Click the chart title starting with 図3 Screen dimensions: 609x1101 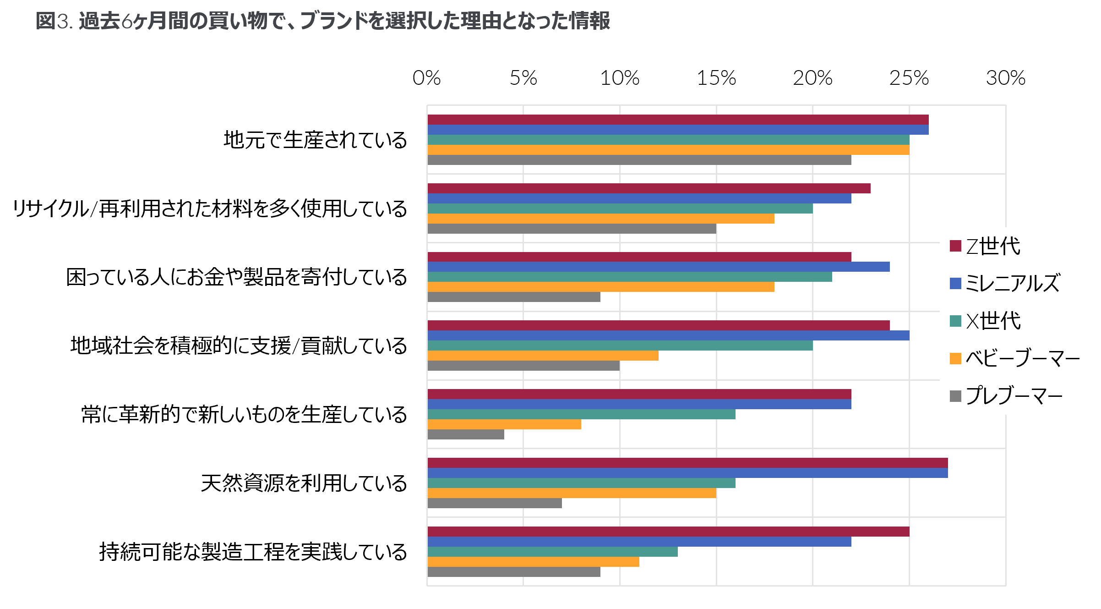(x=323, y=21)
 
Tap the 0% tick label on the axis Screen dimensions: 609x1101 (x=426, y=78)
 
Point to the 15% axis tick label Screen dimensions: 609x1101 (x=716, y=78)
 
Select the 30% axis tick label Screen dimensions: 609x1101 (x=1006, y=78)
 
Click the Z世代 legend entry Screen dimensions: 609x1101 (x=985, y=246)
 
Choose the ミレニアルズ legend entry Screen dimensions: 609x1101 (x=1005, y=283)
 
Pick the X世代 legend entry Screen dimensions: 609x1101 (x=985, y=321)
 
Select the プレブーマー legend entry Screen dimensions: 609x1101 (x=1006, y=395)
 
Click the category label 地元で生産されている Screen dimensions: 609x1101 (x=315, y=140)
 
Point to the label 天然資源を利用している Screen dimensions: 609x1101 (x=304, y=483)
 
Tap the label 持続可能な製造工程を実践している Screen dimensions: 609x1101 (x=253, y=552)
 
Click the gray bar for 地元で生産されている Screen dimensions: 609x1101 (x=639, y=160)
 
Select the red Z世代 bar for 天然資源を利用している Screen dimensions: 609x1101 (x=687, y=463)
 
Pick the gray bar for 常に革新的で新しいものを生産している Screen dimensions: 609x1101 (x=466, y=434)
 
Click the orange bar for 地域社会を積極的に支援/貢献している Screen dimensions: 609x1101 (x=543, y=356)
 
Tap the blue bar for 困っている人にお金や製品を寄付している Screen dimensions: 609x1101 (x=659, y=267)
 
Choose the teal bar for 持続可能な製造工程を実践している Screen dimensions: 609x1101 (x=552, y=552)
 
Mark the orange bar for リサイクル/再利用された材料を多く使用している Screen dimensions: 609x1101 (x=600, y=219)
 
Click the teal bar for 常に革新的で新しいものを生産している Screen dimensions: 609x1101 (x=581, y=414)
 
